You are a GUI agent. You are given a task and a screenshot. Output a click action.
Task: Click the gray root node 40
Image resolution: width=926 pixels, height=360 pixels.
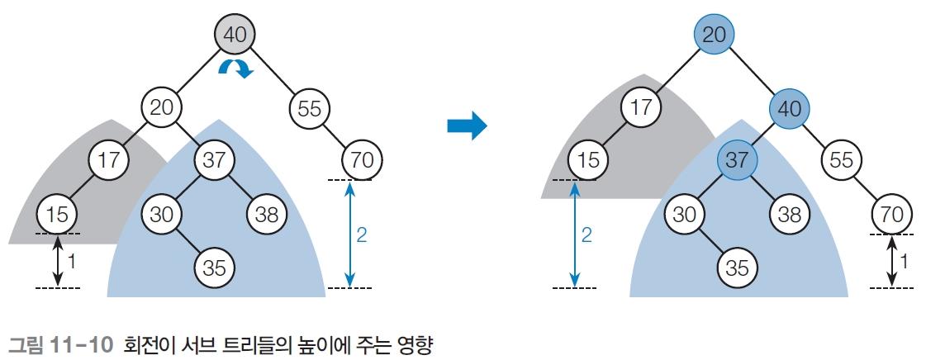pos(235,35)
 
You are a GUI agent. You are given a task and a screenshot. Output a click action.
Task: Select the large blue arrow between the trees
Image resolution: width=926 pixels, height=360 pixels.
pos(468,126)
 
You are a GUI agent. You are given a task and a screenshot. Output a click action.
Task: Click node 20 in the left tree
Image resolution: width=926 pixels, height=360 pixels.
pos(161,109)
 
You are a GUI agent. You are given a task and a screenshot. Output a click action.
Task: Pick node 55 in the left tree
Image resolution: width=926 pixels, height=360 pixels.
pos(310,109)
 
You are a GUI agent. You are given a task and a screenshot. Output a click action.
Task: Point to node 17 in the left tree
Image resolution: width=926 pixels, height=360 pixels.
pos(109,160)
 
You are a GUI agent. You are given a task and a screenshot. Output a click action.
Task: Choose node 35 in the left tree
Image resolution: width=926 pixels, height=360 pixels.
pos(215,268)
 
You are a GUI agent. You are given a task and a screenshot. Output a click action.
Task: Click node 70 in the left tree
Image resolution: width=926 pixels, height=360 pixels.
pos(362,160)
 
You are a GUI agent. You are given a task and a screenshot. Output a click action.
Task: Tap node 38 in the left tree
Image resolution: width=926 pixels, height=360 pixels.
pos(266,214)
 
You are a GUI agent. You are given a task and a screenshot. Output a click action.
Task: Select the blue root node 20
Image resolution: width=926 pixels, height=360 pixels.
pos(714,35)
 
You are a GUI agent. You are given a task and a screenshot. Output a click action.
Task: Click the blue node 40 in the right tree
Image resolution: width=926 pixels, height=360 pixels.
pos(790,109)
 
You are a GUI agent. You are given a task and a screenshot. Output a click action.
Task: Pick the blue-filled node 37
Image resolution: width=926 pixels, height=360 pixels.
pos(737,160)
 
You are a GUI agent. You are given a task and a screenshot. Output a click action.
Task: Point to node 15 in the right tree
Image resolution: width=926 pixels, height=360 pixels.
pos(589,160)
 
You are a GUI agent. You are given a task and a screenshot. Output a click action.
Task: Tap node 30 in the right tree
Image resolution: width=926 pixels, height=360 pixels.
pos(685,214)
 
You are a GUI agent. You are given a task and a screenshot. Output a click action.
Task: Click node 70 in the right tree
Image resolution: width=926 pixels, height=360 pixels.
pos(892,214)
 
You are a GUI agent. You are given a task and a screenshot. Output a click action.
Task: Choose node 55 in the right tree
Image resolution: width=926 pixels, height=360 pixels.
pos(841,160)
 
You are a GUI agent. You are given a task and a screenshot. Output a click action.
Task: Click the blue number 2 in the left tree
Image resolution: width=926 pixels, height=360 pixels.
pos(362,235)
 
